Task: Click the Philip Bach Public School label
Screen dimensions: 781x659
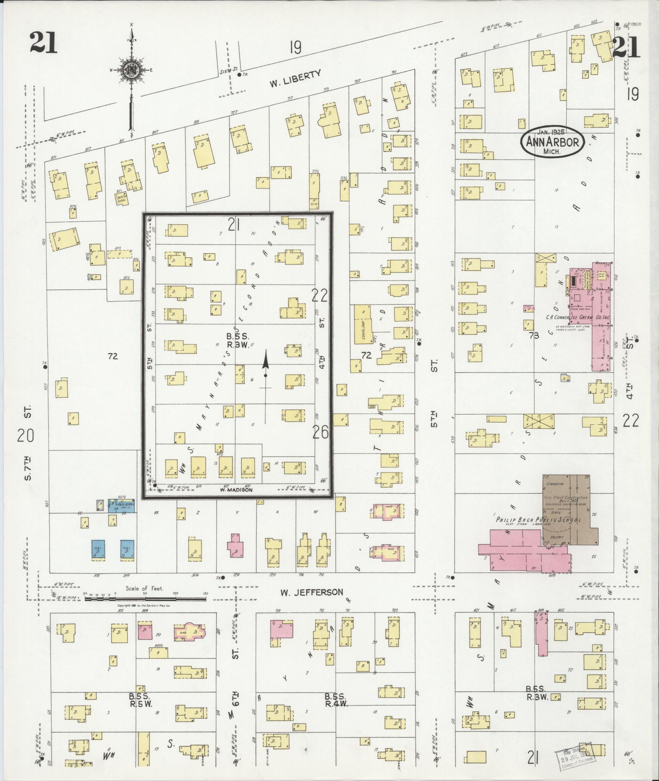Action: click(x=538, y=520)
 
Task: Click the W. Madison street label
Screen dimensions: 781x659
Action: click(x=236, y=490)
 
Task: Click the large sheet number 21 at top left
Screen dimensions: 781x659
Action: click(x=43, y=43)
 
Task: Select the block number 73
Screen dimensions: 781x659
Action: click(x=537, y=336)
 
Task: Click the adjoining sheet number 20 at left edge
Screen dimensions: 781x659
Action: click(x=26, y=436)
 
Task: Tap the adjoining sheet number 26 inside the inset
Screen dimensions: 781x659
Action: click(x=320, y=433)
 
